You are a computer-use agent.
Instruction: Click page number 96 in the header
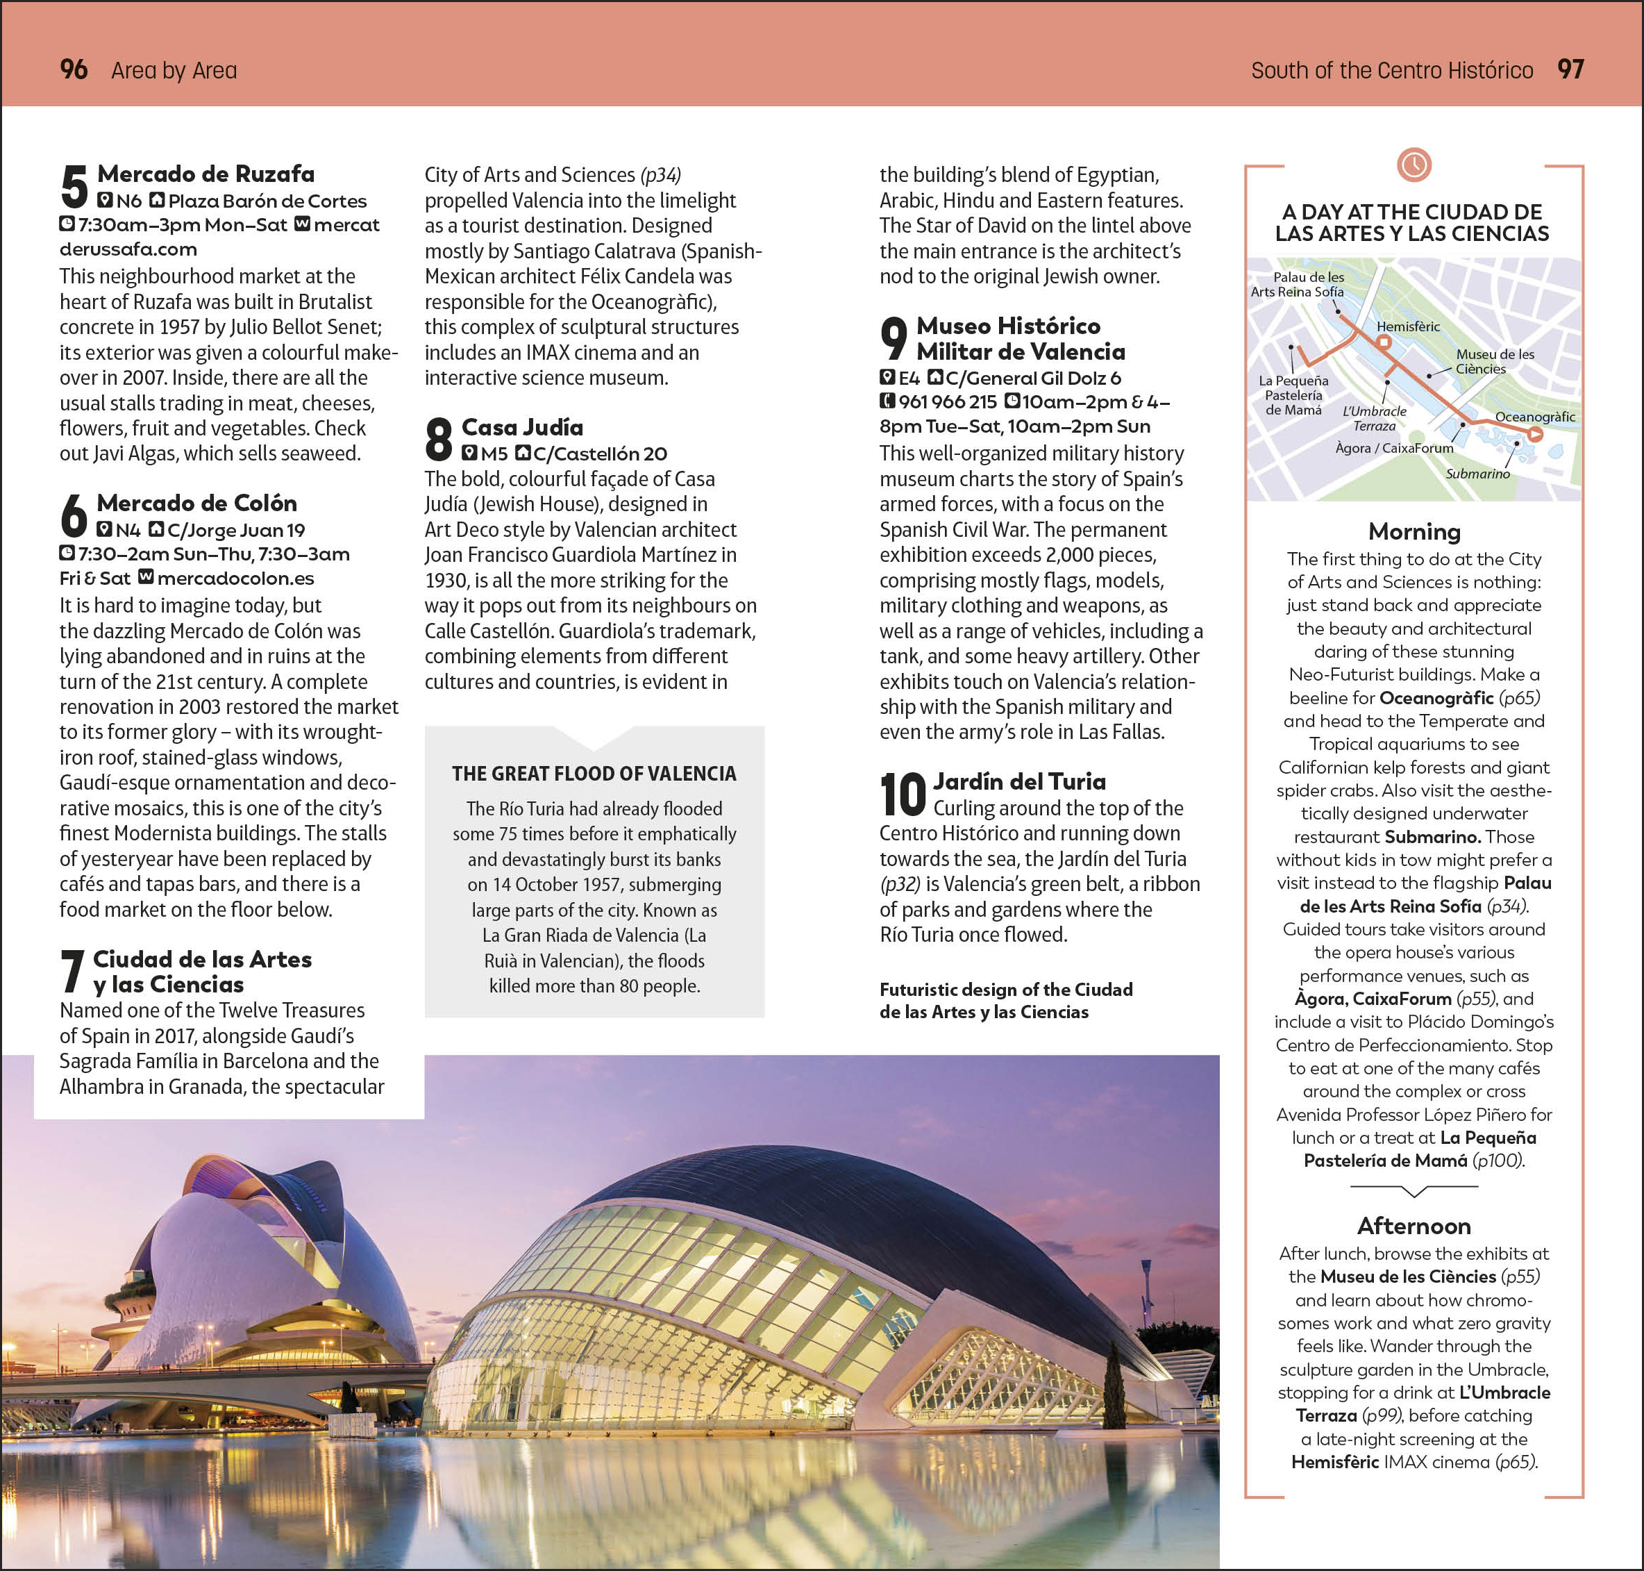coord(74,69)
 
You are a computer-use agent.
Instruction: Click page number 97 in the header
coord(1570,69)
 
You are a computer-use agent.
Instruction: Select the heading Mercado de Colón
coord(196,504)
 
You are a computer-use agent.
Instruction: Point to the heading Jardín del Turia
coord(1018,781)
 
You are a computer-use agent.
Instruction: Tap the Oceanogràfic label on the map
coord(1534,416)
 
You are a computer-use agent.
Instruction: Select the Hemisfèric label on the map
coord(1408,326)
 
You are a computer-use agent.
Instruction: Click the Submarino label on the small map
coord(1477,474)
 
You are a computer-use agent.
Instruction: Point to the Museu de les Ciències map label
coord(1494,361)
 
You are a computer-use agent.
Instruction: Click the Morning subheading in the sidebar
coord(1414,532)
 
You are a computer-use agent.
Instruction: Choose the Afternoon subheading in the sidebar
coord(1414,1226)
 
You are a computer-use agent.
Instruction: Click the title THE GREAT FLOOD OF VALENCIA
coord(594,774)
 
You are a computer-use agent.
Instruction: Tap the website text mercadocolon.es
coord(235,578)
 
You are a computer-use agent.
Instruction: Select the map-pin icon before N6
coord(105,200)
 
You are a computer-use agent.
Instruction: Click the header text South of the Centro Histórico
coord(1391,70)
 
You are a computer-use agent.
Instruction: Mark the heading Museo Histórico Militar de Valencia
coord(1021,338)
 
